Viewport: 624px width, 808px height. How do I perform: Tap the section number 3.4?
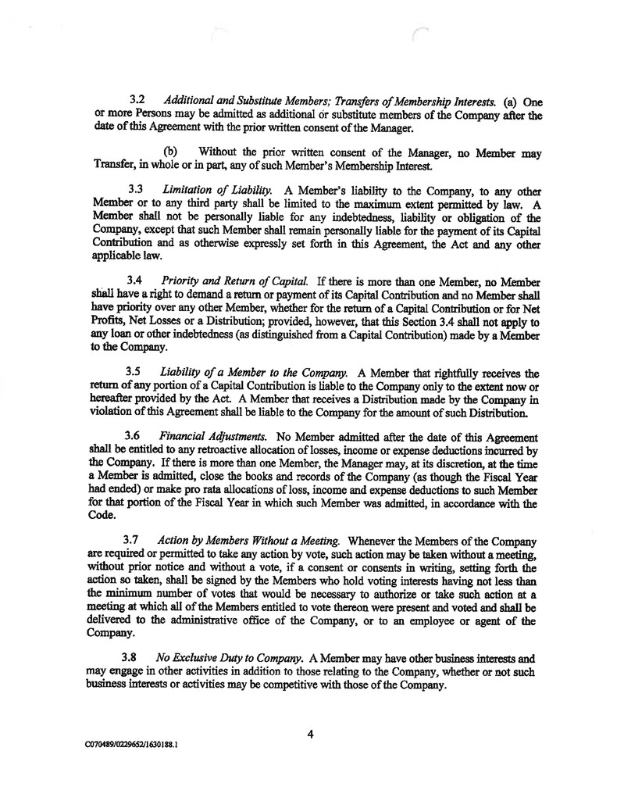(x=137, y=278)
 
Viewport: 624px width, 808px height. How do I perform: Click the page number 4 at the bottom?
(x=310, y=733)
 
